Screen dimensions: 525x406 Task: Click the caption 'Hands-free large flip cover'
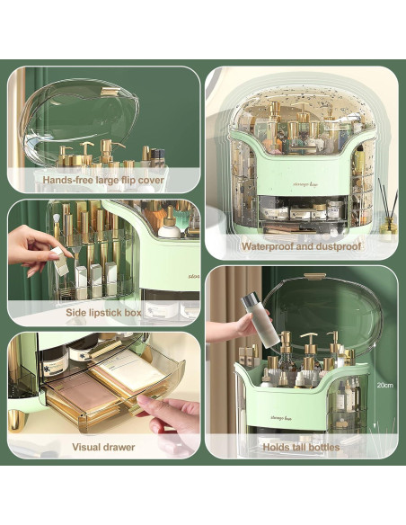(104, 179)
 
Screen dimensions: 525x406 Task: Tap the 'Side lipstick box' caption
(104, 312)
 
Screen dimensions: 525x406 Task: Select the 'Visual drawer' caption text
(104, 447)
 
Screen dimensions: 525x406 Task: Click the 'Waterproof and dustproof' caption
(301, 245)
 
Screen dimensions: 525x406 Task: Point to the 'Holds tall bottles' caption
(301, 447)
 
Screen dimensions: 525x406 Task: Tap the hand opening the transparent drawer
(171, 416)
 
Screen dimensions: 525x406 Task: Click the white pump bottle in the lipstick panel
(168, 225)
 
